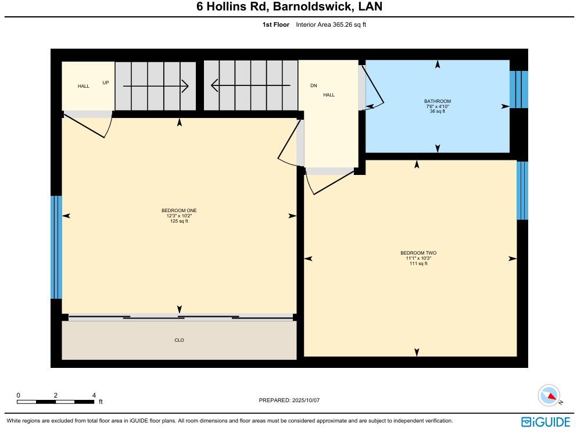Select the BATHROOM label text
click(x=437, y=102)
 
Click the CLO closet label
click(x=179, y=340)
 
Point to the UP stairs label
click(x=106, y=83)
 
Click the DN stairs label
click(x=314, y=86)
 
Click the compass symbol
click(x=549, y=396)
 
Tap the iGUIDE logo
click(x=545, y=422)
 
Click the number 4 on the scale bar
click(x=94, y=395)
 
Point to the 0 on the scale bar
click(x=18, y=395)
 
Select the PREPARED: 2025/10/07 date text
click(x=289, y=400)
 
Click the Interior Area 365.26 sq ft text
click(x=331, y=24)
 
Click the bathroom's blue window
click(x=518, y=90)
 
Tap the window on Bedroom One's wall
click(x=56, y=247)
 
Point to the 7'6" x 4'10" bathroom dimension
click(x=437, y=106)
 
